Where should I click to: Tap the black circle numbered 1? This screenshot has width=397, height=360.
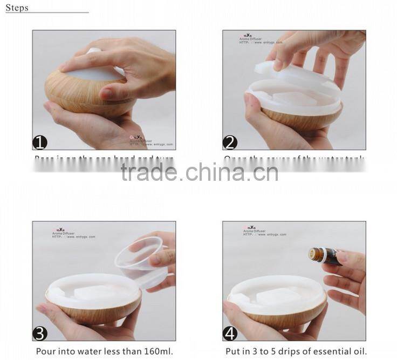pyautogui.click(x=40, y=142)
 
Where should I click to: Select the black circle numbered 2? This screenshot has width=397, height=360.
pyautogui.click(x=230, y=142)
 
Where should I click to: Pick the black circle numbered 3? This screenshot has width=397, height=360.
pyautogui.click(x=40, y=333)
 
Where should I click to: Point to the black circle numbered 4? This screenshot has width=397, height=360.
pyautogui.click(x=230, y=333)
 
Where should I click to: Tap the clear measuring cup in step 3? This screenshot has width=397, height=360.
pyautogui.click(x=142, y=259)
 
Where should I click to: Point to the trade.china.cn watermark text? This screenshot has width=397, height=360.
pyautogui.click(x=199, y=172)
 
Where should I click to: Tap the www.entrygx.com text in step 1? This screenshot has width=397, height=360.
pyautogui.click(x=157, y=144)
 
